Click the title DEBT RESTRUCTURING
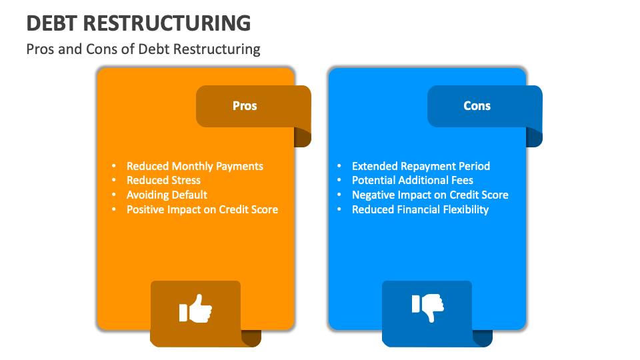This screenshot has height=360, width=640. pyautogui.click(x=139, y=23)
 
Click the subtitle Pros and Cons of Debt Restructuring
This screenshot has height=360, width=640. pyautogui.click(x=143, y=49)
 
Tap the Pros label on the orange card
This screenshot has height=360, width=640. pyautogui.click(x=245, y=106)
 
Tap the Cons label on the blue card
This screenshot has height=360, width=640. pyautogui.click(x=477, y=106)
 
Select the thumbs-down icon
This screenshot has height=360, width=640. pyautogui.click(x=427, y=306)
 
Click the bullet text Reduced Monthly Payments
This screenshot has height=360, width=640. pyautogui.click(x=195, y=166)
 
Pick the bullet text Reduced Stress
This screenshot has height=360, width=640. pyautogui.click(x=163, y=180)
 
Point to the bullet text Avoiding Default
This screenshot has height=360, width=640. pyautogui.click(x=167, y=195)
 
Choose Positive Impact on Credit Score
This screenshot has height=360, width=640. pyautogui.click(x=202, y=209)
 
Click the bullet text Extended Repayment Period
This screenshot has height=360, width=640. pyautogui.click(x=421, y=166)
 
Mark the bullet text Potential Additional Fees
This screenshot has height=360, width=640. pyautogui.click(x=413, y=180)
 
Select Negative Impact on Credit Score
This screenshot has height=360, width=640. pyautogui.click(x=430, y=195)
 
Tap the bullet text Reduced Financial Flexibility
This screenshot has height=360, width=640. pyautogui.click(x=420, y=209)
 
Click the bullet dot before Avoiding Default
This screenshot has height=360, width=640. pyautogui.click(x=115, y=195)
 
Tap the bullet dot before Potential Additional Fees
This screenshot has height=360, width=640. pyautogui.click(x=340, y=180)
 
